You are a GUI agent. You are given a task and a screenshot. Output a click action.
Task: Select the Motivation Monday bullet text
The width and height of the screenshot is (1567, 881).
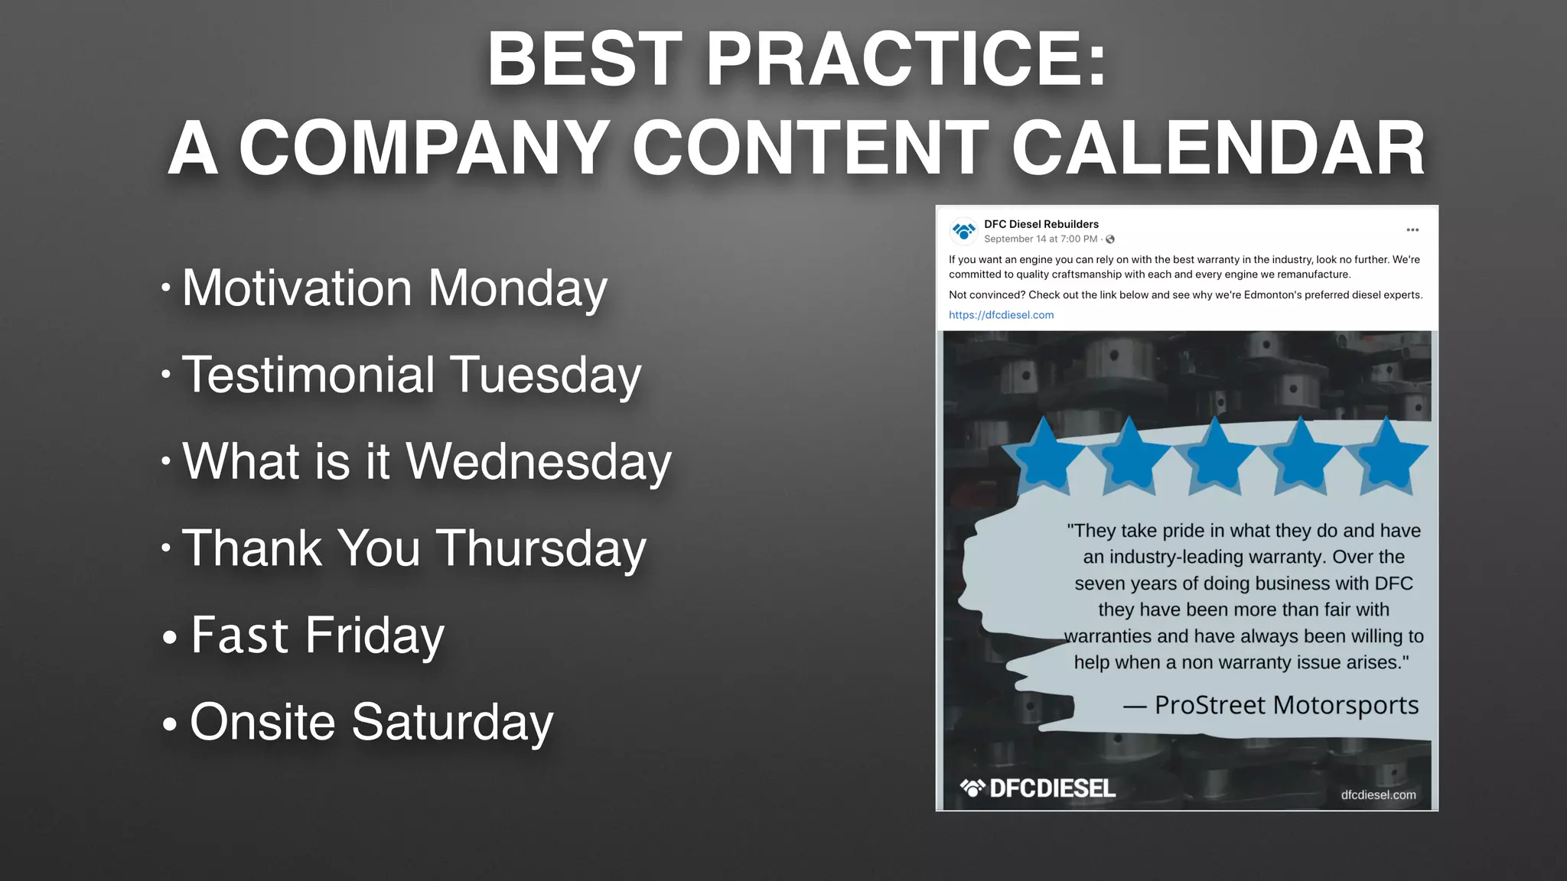[394, 288]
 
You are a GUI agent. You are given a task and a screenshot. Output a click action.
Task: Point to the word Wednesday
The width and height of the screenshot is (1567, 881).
[538, 462]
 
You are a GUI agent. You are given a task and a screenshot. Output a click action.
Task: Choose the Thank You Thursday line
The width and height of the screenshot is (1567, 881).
[414, 548]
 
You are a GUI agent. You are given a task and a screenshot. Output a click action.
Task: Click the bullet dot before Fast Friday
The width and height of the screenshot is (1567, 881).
[170, 636]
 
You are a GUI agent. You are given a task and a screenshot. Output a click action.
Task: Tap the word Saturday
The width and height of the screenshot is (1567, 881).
[452, 722]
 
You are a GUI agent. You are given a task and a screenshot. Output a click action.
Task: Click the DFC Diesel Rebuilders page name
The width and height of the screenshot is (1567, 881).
[1041, 224]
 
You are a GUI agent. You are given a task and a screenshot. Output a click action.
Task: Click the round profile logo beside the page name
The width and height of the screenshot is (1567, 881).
[963, 230]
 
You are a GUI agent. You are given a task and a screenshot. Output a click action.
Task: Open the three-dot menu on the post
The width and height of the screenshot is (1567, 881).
[1412, 230]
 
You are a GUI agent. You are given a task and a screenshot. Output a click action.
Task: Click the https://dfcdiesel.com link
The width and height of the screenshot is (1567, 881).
[1001, 315]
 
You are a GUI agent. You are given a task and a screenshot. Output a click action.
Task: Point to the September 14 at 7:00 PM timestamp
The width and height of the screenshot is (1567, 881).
[1040, 239]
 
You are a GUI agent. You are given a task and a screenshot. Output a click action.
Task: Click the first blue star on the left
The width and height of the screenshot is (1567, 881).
[1044, 457]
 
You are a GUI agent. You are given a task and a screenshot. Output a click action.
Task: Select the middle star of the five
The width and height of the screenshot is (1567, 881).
[1215, 457]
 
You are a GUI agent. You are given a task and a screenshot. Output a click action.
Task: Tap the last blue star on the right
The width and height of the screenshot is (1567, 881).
[1386, 457]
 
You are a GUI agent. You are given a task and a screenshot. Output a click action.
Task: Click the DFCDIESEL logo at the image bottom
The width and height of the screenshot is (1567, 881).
[1038, 788]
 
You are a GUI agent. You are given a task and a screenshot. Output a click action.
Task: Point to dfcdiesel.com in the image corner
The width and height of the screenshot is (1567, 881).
[1378, 795]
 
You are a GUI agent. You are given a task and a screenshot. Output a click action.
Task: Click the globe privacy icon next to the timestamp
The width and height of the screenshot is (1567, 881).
[1110, 239]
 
